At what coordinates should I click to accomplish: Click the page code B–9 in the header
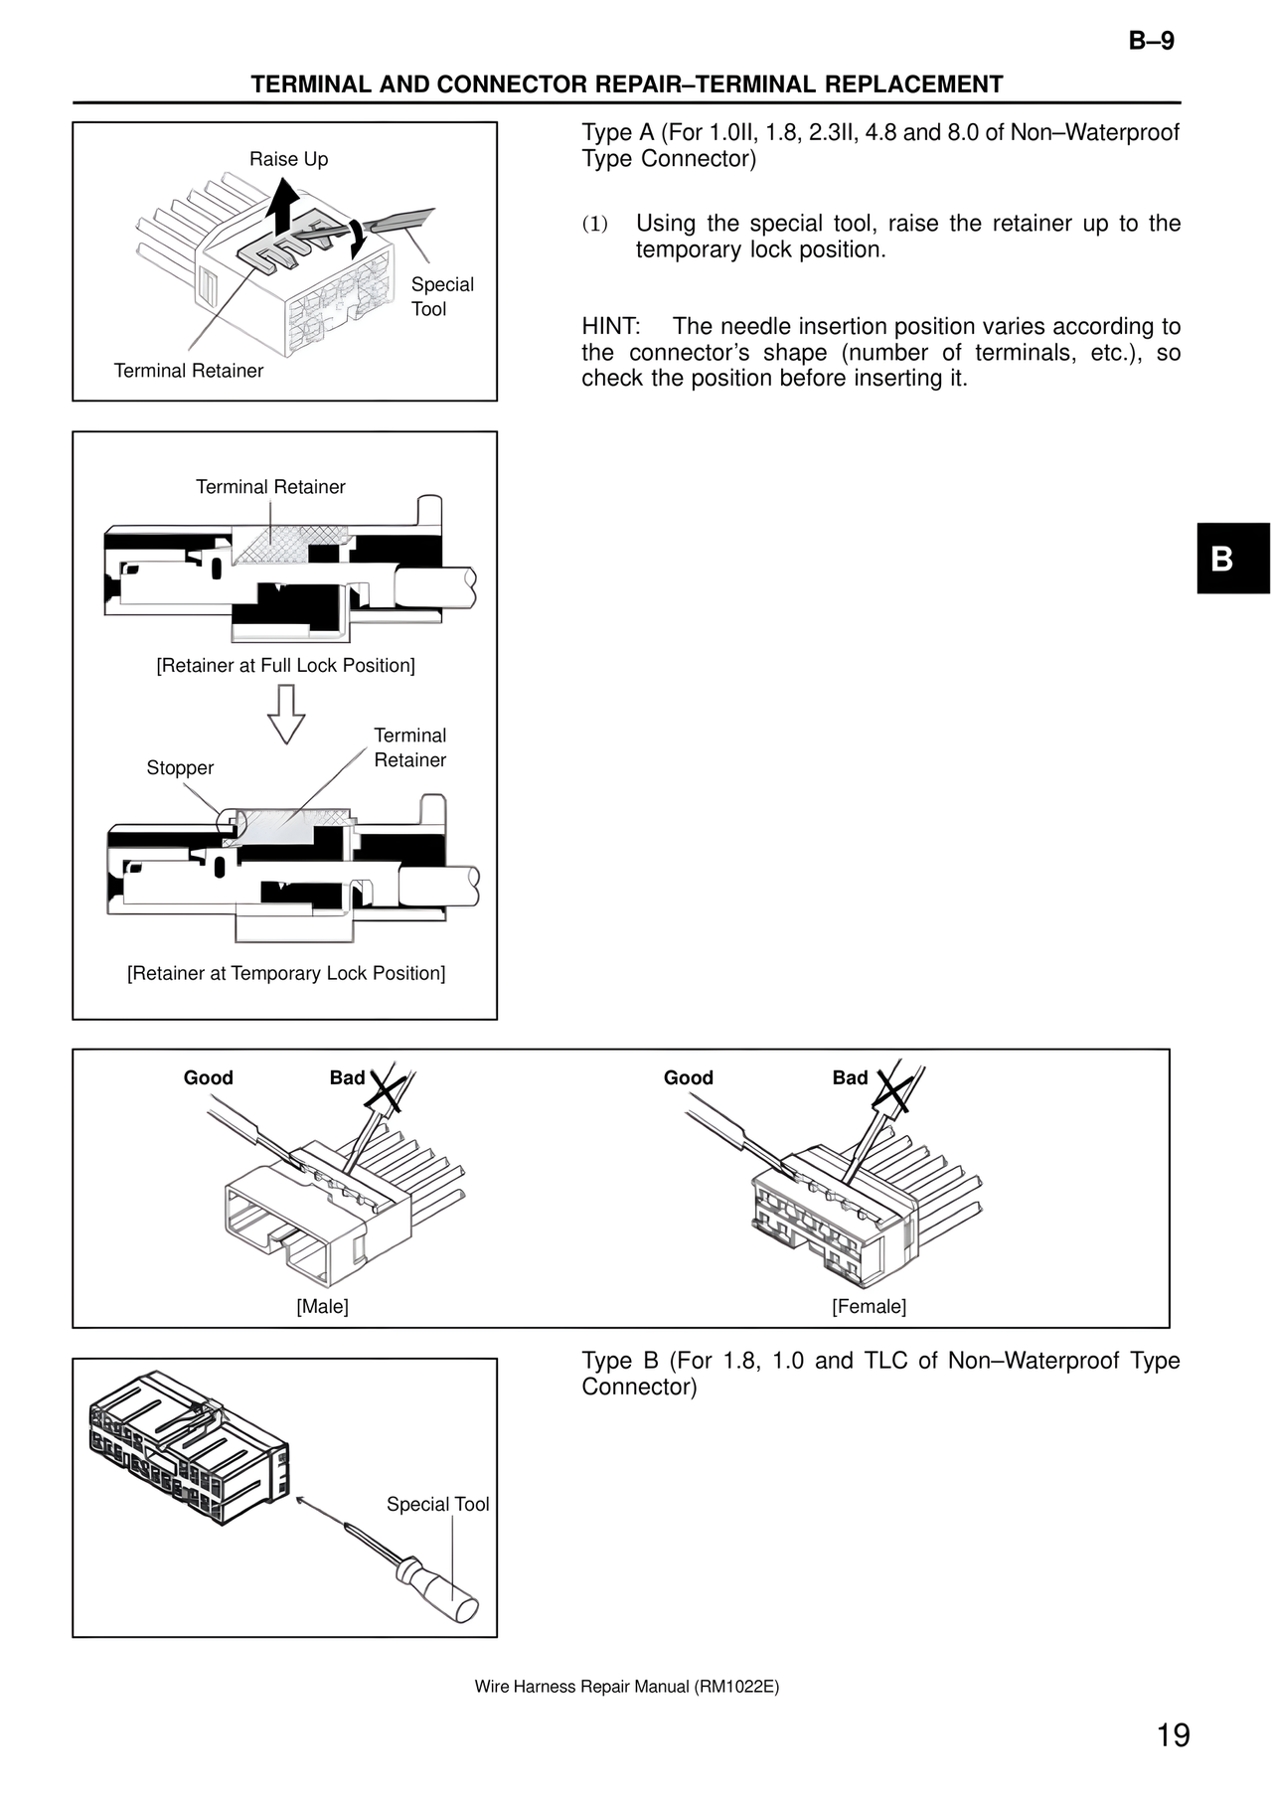[1151, 41]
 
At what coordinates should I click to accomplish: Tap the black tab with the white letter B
[1232, 559]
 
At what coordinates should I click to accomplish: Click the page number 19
[1173, 1735]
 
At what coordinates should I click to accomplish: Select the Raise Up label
[288, 159]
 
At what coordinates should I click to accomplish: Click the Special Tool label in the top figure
[441, 296]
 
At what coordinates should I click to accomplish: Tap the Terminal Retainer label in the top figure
[189, 371]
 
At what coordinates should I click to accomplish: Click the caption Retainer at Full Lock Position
[285, 666]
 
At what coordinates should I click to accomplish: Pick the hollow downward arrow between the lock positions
[286, 715]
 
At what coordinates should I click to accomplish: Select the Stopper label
[180, 768]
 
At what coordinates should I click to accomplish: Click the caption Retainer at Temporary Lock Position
[285, 974]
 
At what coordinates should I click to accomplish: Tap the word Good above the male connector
[208, 1078]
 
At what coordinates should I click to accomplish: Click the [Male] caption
[322, 1307]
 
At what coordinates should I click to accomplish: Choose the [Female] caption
[869, 1307]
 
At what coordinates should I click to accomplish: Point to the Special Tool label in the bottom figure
[437, 1505]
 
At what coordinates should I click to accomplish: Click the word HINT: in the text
[610, 327]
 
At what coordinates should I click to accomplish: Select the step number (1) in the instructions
[594, 225]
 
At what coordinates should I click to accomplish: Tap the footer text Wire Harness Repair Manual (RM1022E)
[626, 1687]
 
